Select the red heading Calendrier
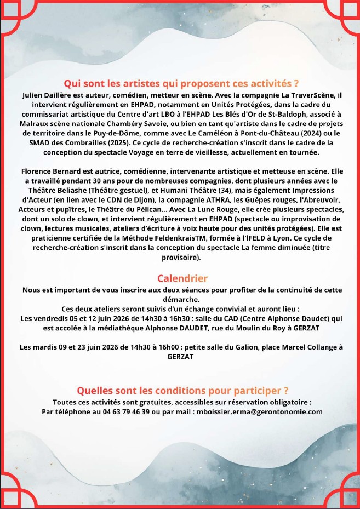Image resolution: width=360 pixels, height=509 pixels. (x=182, y=278)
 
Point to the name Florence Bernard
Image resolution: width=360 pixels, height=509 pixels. (x=48, y=171)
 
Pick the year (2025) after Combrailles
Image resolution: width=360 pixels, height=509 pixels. (x=118, y=142)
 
